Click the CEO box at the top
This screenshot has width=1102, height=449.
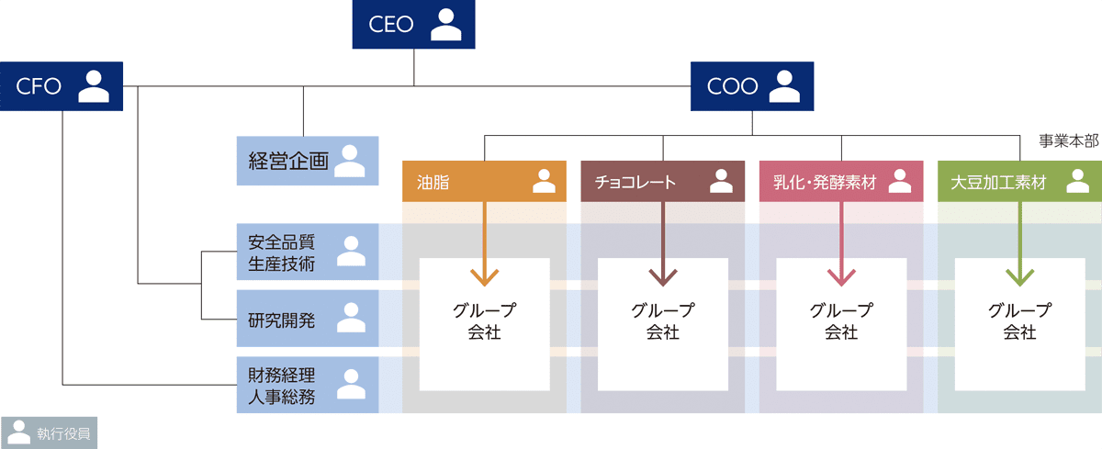(x=412, y=25)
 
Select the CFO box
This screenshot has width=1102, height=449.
(x=62, y=86)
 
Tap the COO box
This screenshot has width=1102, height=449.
(x=753, y=86)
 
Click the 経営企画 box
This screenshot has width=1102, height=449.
(x=307, y=161)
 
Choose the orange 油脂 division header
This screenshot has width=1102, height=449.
(x=483, y=182)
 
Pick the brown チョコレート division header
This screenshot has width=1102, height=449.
(x=661, y=182)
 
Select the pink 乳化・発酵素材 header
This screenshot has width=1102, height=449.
(x=840, y=182)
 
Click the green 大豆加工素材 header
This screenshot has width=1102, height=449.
(x=1019, y=182)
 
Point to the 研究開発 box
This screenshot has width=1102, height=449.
(x=307, y=320)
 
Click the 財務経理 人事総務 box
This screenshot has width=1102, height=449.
(x=307, y=386)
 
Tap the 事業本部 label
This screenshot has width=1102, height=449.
(x=1069, y=141)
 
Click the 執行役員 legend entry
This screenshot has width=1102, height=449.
(x=48, y=432)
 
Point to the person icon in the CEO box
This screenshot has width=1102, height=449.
(x=445, y=25)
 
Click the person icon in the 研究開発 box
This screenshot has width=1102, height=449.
(x=351, y=318)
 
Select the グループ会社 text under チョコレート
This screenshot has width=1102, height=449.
(x=662, y=321)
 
